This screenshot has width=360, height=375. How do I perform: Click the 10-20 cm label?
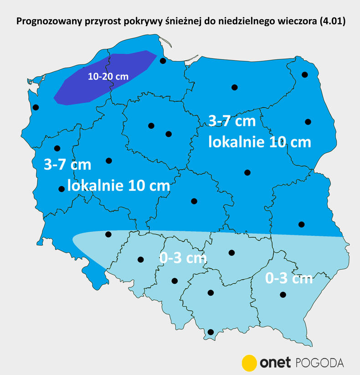108,77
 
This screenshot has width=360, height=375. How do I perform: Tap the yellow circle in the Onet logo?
249,362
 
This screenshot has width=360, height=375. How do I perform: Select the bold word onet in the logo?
275,363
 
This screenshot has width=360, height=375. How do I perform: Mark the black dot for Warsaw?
247,172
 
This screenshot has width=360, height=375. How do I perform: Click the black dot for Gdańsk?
162,61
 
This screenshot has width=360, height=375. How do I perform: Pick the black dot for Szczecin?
36,108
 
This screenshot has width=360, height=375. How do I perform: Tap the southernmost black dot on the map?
210,332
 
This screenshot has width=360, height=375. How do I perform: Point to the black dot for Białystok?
308,122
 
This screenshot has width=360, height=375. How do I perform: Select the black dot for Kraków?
211,293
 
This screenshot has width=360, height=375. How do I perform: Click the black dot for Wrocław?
108,234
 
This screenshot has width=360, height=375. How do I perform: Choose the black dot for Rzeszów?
283,295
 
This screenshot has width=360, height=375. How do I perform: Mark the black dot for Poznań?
108,161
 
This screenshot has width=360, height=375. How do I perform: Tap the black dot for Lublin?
301,224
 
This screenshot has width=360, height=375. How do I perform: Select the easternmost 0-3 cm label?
288,278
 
